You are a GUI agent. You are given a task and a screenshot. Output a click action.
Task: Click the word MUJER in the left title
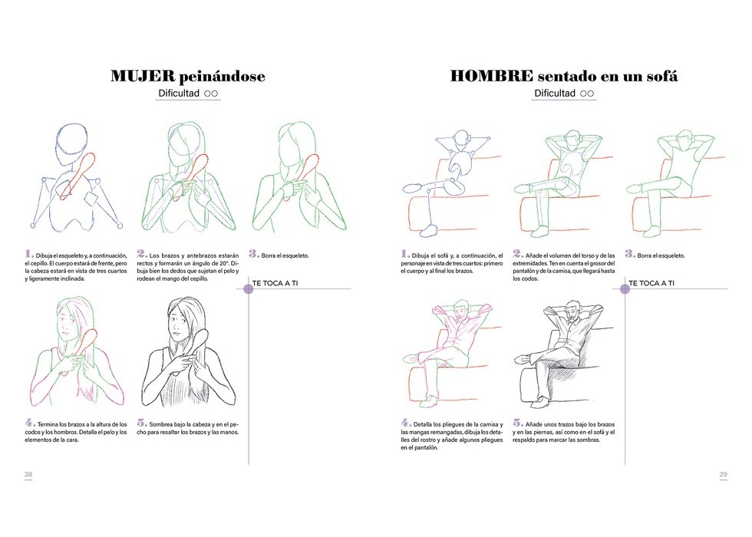tap(143, 76)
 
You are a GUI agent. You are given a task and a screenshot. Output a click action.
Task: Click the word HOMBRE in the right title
tap(492, 76)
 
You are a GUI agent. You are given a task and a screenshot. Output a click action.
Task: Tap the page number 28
tap(28, 474)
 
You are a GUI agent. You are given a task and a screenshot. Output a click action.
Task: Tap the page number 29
tap(723, 474)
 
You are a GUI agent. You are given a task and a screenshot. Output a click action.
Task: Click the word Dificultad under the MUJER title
tap(178, 93)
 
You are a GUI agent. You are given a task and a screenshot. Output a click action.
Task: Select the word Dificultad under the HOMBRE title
tap(554, 93)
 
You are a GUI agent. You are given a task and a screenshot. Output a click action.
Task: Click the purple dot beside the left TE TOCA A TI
tap(249, 288)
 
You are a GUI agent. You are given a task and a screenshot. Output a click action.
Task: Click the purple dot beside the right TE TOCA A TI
tap(625, 288)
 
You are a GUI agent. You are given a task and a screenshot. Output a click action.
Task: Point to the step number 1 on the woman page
tap(29, 254)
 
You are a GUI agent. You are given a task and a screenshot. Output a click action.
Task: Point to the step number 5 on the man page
tap(517, 423)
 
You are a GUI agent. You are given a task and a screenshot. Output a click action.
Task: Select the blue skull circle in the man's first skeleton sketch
tap(461, 139)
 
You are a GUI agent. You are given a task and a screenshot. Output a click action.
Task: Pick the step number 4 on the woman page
tap(30, 423)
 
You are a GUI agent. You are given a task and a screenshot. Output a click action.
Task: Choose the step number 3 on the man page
tap(630, 254)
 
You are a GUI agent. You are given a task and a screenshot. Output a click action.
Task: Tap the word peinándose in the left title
tap(222, 77)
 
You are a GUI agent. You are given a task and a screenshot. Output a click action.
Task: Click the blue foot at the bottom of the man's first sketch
tap(429, 230)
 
